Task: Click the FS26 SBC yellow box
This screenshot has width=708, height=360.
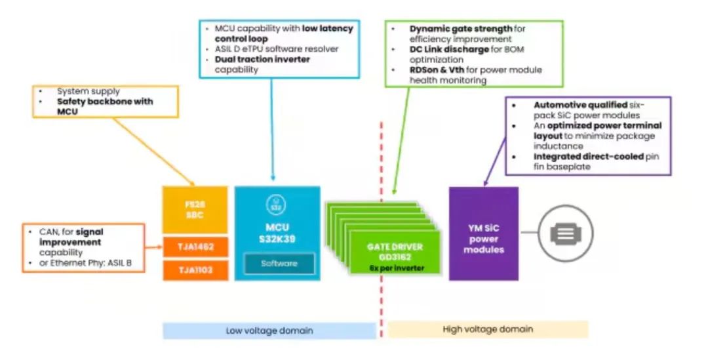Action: [195, 210]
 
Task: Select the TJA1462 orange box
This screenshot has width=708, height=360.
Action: [195, 247]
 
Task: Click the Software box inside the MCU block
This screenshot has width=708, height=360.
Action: [279, 263]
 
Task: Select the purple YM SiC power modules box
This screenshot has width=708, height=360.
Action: [483, 234]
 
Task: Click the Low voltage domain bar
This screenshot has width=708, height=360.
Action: [269, 330]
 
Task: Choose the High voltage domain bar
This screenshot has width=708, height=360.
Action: [488, 329]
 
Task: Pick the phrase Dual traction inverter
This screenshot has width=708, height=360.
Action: [262, 59]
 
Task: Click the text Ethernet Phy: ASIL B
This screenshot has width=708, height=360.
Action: [85, 264]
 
